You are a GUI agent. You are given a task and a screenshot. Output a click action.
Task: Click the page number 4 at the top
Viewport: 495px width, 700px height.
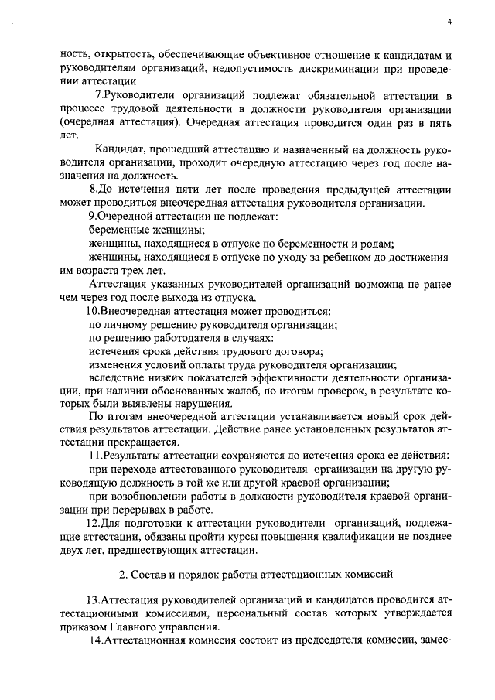[x=449, y=22]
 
